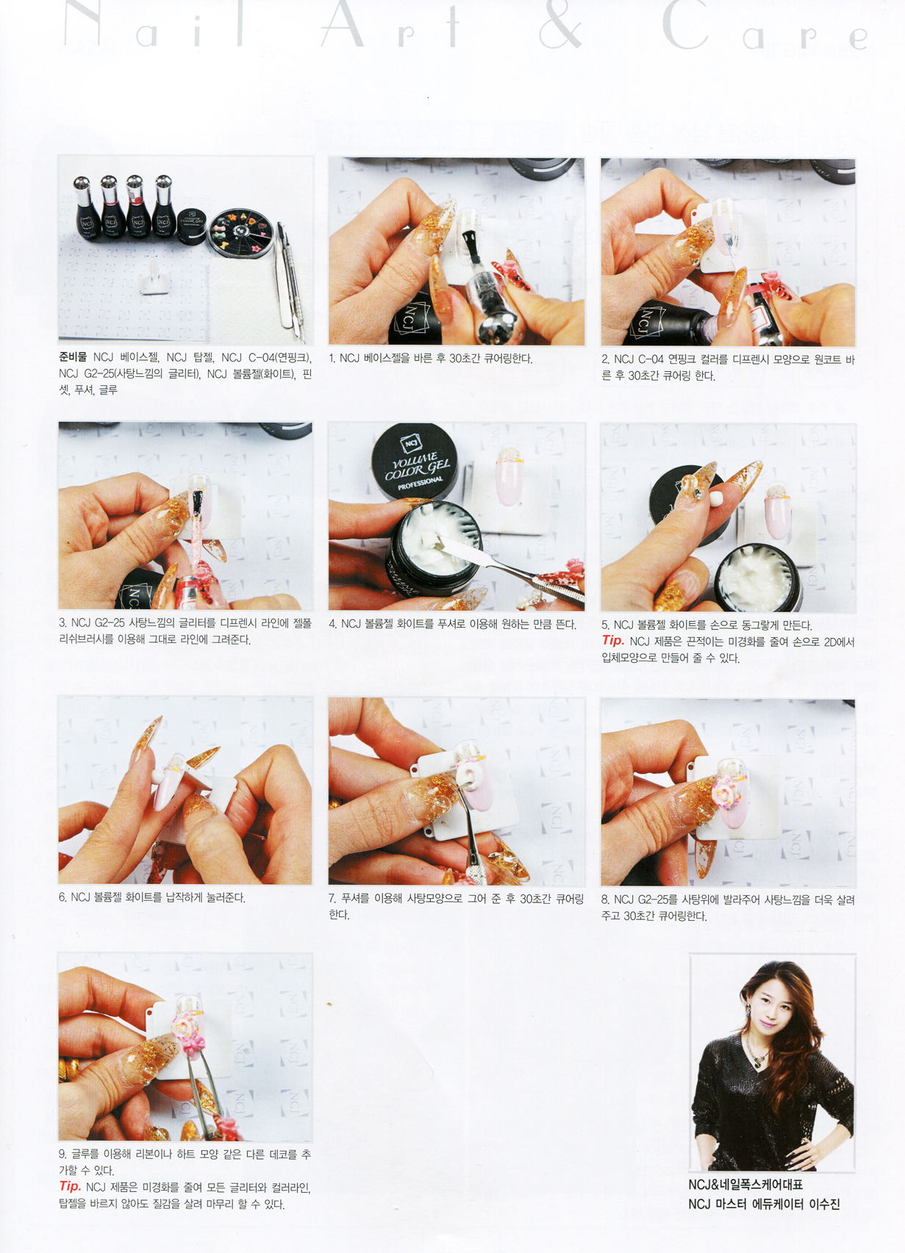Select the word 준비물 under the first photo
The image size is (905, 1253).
coord(74,357)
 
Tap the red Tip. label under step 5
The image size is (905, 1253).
coord(613,641)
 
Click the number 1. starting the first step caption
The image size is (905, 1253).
coord(332,359)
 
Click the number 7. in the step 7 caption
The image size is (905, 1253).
coord(332,899)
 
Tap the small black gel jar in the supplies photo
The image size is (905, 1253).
coord(192,227)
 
